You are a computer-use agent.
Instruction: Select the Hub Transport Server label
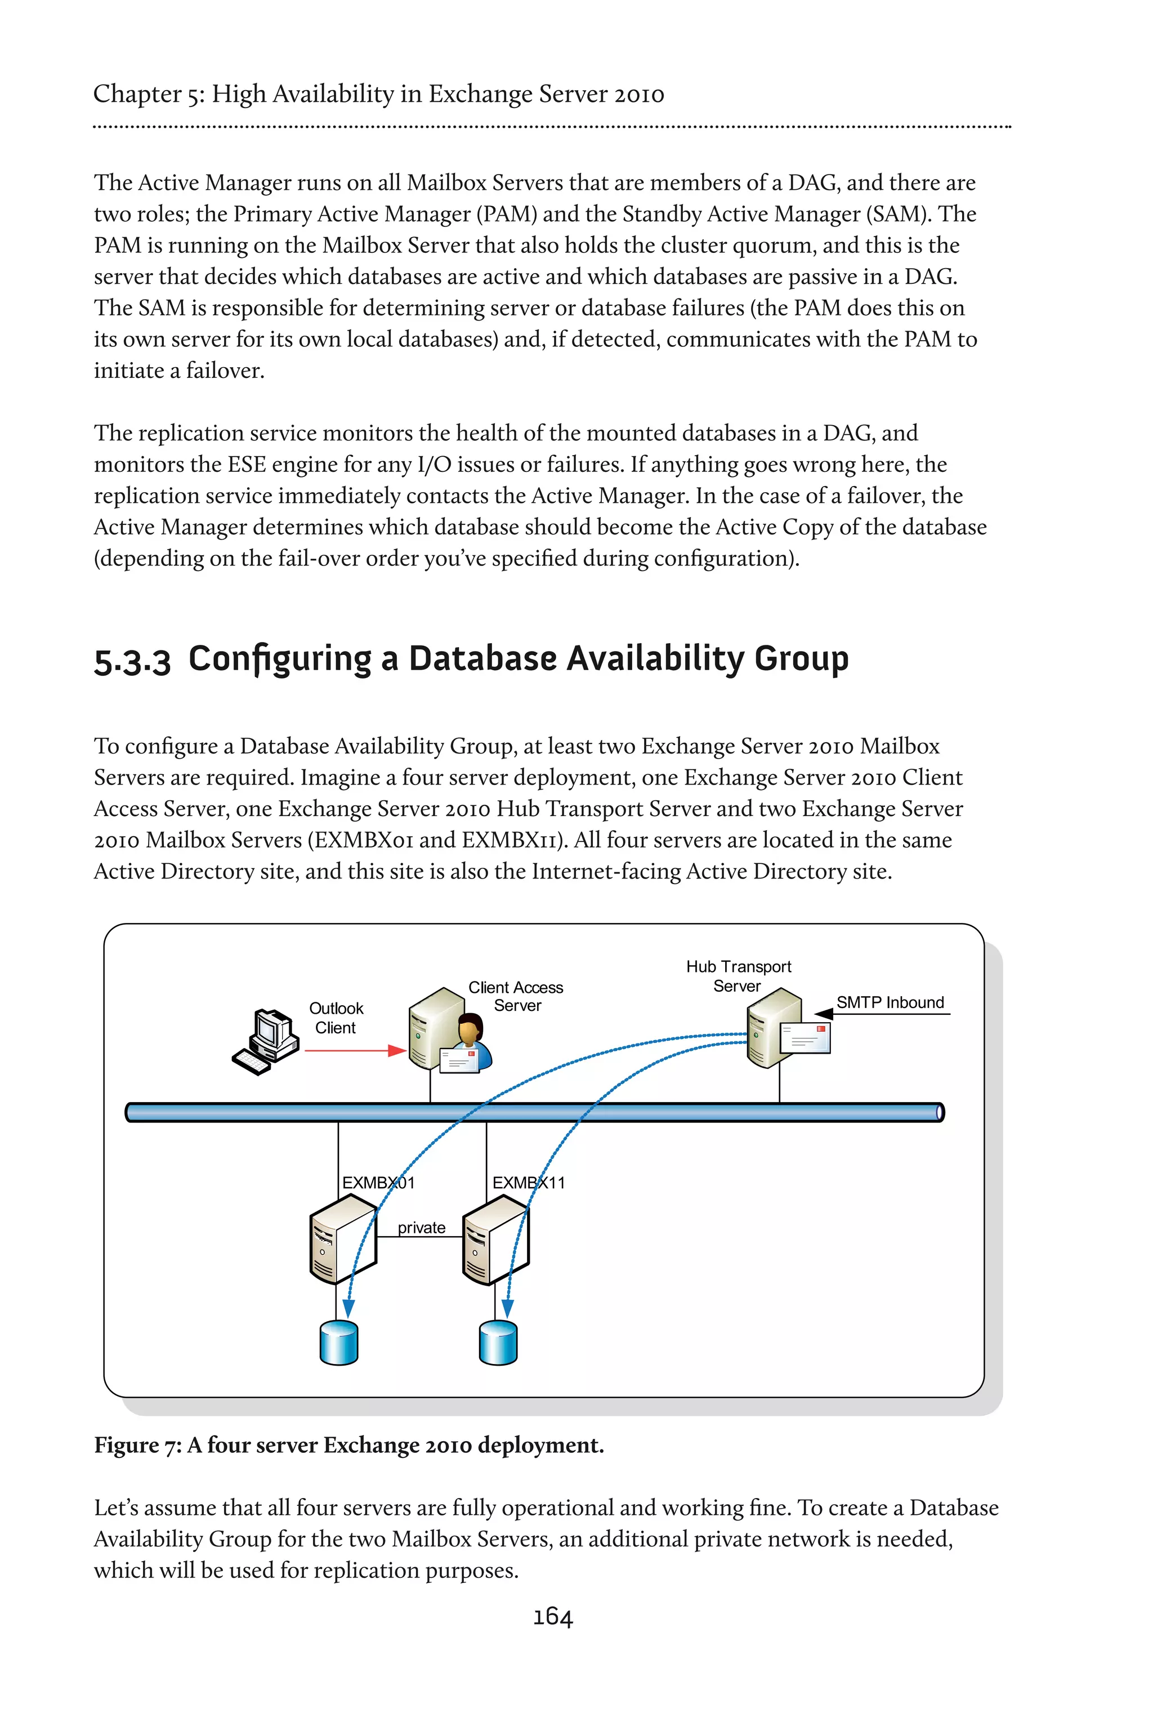pyautogui.click(x=738, y=975)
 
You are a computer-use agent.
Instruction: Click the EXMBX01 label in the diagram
pyautogui.click(x=378, y=1182)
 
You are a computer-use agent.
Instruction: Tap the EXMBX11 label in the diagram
pyautogui.click(x=529, y=1182)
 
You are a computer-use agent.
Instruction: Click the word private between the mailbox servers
pyautogui.click(x=421, y=1227)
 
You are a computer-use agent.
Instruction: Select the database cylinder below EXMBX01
pyautogui.click(x=339, y=1343)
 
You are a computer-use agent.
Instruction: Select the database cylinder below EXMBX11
pyautogui.click(x=498, y=1343)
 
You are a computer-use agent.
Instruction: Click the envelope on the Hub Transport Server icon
pyautogui.click(x=805, y=1038)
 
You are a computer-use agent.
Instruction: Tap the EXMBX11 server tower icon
pyautogui.click(x=494, y=1239)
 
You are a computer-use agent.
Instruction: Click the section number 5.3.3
pyautogui.click(x=132, y=661)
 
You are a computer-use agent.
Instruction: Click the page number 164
pyautogui.click(x=552, y=1616)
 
